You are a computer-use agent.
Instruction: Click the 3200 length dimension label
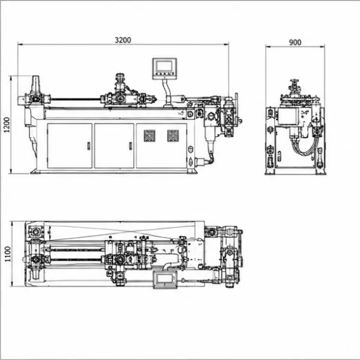[123, 40]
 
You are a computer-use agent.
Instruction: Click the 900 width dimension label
[295, 43]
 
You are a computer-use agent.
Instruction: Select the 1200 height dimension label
[7, 125]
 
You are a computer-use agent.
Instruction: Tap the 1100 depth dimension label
[8, 254]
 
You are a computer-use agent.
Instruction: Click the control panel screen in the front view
[164, 66]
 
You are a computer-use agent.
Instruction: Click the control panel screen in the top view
[166, 279]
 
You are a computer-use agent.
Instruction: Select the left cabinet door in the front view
[70, 146]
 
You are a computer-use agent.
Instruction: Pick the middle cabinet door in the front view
[114, 146]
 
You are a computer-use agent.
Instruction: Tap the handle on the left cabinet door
[89, 146]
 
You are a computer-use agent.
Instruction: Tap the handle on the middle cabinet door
[131, 146]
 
